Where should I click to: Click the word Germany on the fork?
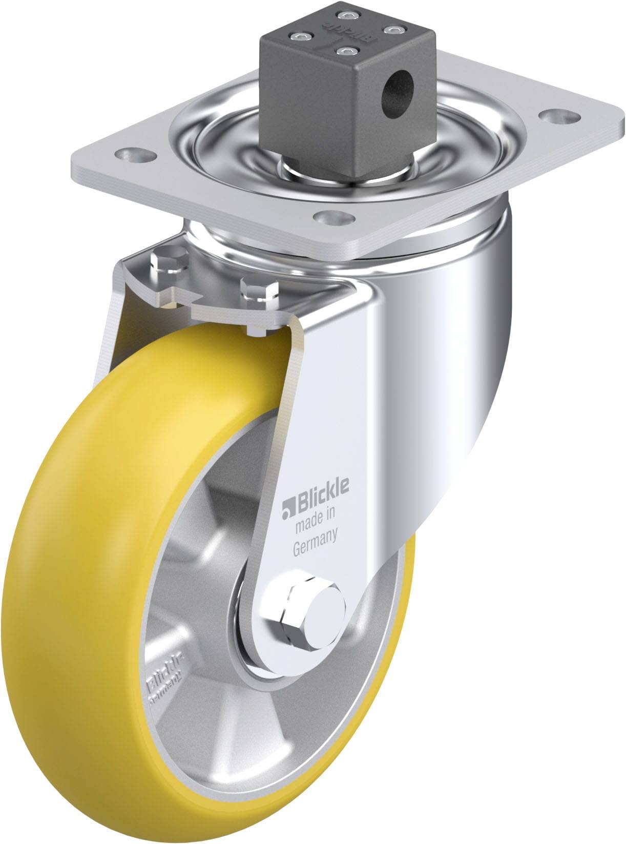point(315,535)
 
